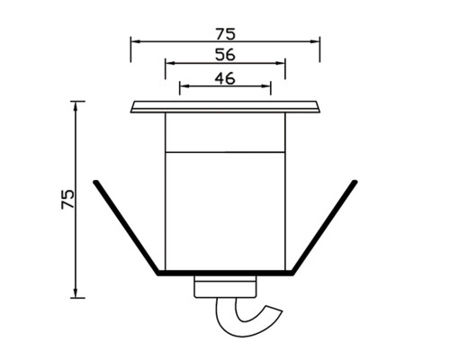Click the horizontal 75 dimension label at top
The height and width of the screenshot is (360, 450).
tap(226, 34)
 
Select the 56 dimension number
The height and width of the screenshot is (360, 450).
tap(225, 55)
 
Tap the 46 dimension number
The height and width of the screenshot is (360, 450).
tap(225, 78)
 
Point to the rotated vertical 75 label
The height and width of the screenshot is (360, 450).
tap(67, 199)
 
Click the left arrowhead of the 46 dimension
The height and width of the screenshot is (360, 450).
tap(184, 86)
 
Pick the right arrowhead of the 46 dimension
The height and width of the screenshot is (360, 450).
tap(266, 86)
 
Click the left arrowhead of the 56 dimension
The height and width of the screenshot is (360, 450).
tap(170, 63)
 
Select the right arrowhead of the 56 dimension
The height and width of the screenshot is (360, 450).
tap(281, 63)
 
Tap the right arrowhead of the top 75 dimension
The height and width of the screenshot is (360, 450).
tap(315, 41)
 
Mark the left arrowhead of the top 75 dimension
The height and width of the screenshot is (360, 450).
tap(135, 41)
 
